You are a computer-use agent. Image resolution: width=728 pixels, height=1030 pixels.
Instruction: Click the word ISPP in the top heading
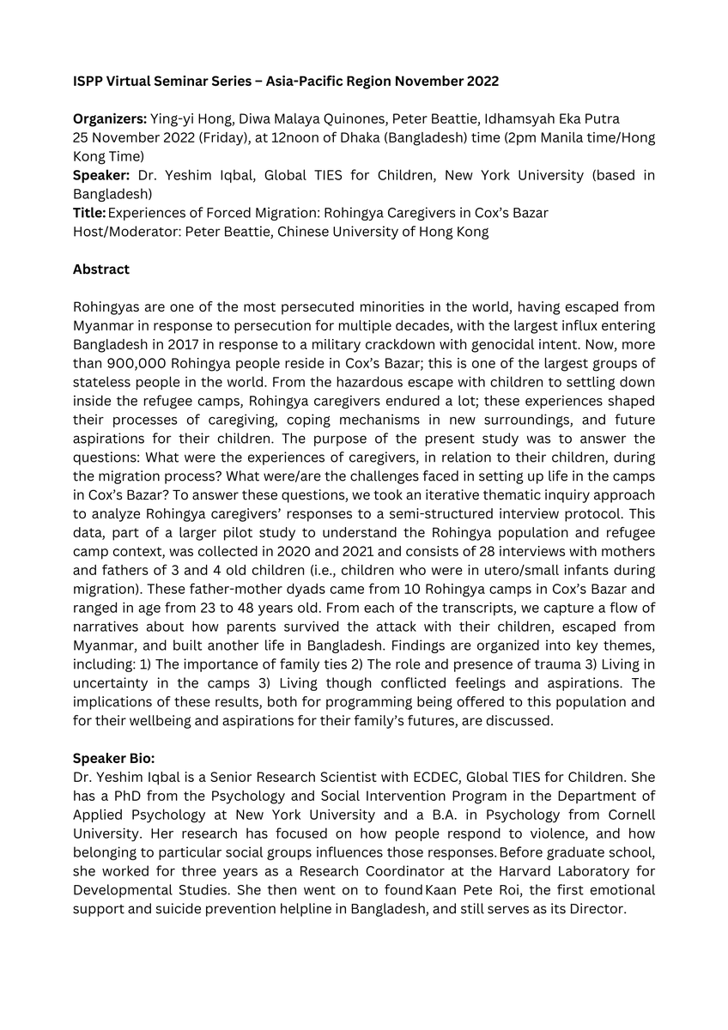click(87, 82)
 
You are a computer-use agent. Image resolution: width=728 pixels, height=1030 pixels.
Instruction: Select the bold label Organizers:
click(110, 119)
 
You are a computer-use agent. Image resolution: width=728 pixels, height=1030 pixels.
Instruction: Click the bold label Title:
click(89, 213)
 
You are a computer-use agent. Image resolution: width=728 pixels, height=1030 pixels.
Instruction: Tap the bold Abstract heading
click(101, 270)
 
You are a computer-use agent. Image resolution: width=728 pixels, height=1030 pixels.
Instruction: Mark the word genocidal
click(524, 344)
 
